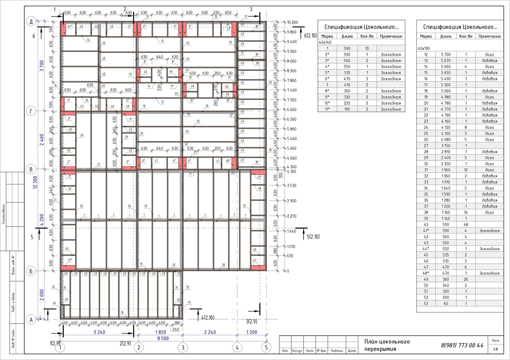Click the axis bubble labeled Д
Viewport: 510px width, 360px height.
(31, 21)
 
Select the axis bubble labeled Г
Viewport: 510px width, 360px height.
(31, 111)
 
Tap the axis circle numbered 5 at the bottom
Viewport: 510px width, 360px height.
(266, 348)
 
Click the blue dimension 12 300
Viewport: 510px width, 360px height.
(36, 182)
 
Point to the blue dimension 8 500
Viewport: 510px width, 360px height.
(163, 338)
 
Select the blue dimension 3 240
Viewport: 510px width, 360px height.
(99, 332)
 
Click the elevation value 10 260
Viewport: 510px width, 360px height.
(292, 22)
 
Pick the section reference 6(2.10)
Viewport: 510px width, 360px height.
(310, 35)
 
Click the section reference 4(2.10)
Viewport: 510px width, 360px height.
(208, 318)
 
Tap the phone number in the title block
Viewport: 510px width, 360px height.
(462, 345)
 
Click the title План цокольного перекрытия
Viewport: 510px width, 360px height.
(387, 345)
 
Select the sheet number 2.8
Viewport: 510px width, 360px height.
(495, 349)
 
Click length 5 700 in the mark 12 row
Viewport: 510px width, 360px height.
(446, 55)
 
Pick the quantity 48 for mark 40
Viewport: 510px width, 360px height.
(466, 224)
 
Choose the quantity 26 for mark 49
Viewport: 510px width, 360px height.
(466, 279)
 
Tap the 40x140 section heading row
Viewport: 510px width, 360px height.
(325, 42)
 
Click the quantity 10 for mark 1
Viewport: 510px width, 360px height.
(367, 49)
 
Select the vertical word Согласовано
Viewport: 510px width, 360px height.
(4, 214)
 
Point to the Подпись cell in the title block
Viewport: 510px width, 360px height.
(336, 351)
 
